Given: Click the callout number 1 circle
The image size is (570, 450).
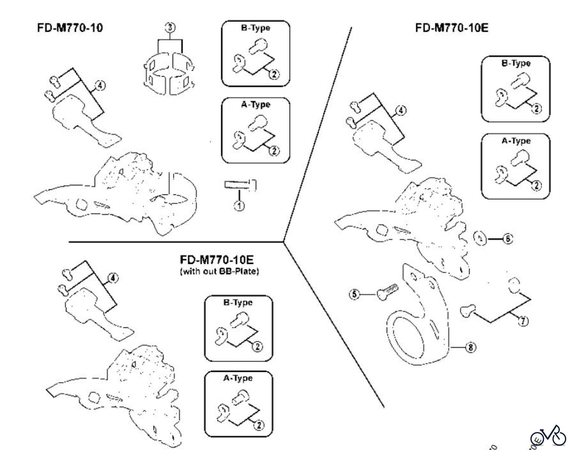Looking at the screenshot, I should point(239,206).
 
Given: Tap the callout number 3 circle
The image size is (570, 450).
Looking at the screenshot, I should point(170,28).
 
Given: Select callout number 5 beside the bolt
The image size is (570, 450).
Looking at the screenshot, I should point(354,294).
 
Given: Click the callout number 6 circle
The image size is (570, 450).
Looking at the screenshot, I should point(508,239).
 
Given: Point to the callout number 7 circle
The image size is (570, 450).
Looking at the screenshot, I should point(523,321).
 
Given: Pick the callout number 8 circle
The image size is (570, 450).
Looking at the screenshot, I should point(471,348).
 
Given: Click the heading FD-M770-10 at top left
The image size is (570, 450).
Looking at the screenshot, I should point(70,28).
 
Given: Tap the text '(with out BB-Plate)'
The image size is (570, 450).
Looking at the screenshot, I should point(219,272).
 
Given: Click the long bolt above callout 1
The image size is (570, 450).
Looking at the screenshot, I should point(240,184).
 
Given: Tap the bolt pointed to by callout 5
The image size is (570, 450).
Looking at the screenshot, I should point(387,291).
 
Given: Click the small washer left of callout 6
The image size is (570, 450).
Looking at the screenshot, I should point(480,238).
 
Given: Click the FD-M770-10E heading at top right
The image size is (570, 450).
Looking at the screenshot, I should point(452,28).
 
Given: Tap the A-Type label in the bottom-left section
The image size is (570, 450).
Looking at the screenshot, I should point(238,378).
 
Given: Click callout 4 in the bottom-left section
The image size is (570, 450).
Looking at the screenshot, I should point(113,278).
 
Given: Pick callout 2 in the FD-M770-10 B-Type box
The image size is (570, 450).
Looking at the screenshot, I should point(274,74).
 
